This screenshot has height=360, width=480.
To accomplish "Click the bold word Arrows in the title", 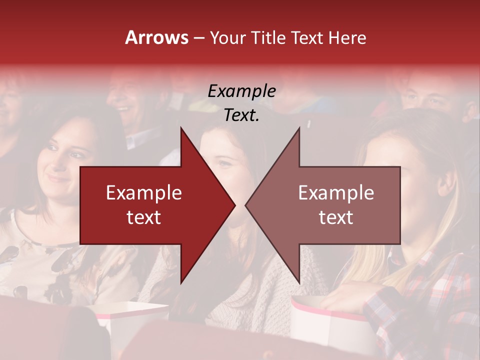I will [x=156, y=37].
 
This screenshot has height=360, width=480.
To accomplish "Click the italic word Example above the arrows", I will [x=241, y=91].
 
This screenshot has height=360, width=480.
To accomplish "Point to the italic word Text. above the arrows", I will [x=241, y=115].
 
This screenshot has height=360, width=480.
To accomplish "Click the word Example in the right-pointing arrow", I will [x=144, y=193].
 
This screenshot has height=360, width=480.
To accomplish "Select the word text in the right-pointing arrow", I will [x=144, y=217].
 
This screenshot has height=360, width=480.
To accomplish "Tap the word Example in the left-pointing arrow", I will [x=336, y=193].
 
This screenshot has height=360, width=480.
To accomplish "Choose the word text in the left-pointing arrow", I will [x=336, y=217].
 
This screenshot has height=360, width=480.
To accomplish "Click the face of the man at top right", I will [x=425, y=92].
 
